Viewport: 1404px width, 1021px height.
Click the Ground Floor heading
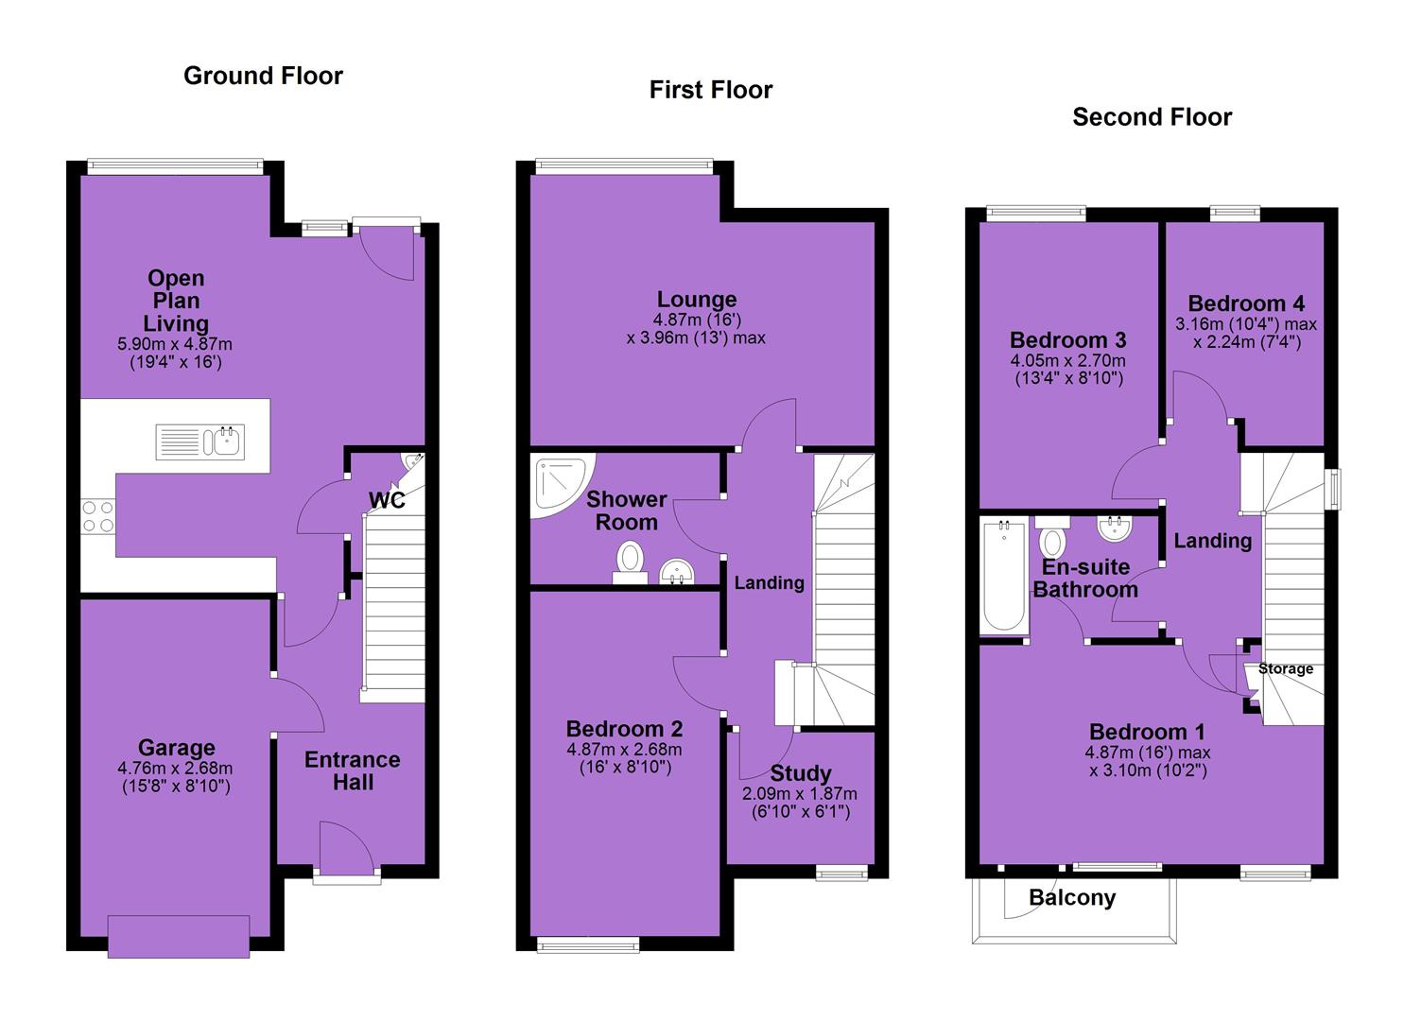(263, 76)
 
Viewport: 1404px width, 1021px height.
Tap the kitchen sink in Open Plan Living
(199, 441)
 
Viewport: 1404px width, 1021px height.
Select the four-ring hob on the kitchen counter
(98, 516)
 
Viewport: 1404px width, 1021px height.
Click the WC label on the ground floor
(387, 501)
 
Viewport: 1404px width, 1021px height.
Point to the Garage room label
(177, 748)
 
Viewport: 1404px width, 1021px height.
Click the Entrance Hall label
(353, 770)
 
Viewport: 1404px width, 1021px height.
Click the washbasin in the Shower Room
(676, 571)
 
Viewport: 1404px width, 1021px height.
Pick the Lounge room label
(697, 299)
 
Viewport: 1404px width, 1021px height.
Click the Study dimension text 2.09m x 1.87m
(800, 793)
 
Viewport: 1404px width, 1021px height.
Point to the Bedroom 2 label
(624, 728)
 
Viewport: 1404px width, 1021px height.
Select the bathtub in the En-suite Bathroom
(1003, 576)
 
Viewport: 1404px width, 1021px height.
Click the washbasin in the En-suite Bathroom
(1115, 528)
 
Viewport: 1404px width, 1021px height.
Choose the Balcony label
(1072, 898)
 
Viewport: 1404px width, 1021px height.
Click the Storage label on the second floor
(1286, 668)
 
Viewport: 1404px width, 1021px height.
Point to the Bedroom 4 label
(1246, 303)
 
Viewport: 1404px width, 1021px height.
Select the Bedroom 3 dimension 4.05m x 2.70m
(1068, 360)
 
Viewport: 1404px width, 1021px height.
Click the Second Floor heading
(1152, 117)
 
